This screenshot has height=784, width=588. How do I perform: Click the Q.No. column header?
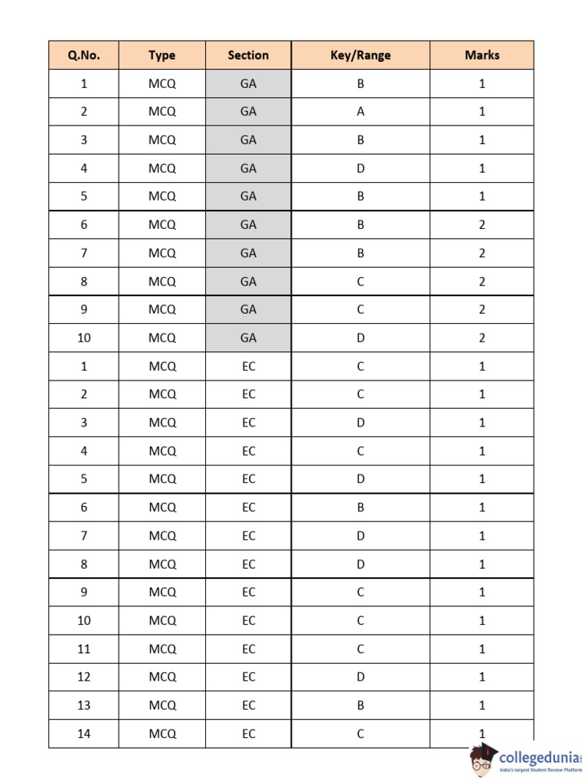point(83,55)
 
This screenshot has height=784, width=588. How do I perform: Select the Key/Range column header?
point(360,55)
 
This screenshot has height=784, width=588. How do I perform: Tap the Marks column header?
point(482,55)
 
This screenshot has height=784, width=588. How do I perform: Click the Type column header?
point(162,55)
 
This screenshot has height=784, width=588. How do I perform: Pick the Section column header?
point(248,55)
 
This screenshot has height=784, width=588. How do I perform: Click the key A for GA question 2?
point(360,112)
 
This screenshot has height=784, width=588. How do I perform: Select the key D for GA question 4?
point(360,168)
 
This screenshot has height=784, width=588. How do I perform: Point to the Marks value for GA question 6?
point(482,225)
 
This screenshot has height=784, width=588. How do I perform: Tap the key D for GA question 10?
point(360,338)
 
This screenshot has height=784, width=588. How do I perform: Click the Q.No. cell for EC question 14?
point(83,733)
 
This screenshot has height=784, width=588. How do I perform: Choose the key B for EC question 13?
point(360,705)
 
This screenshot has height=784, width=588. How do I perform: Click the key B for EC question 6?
point(360,508)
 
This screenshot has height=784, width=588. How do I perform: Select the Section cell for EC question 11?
point(248,649)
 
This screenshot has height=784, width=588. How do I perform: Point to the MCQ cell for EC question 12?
point(162,677)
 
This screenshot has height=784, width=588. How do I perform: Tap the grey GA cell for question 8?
point(248,282)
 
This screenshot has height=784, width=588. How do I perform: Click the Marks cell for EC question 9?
point(482,593)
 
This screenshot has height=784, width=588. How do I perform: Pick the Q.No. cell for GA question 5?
point(83,197)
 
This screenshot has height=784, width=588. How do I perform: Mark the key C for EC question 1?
point(360,366)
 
